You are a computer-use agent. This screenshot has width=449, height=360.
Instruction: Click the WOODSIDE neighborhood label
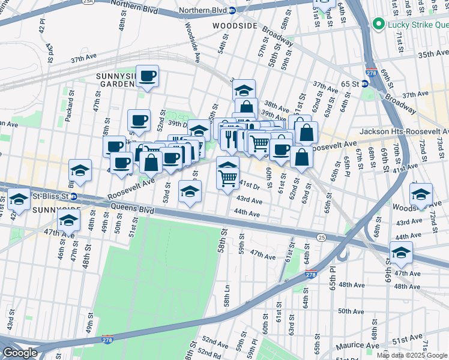235,26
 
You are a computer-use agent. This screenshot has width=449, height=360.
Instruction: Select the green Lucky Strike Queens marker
379,25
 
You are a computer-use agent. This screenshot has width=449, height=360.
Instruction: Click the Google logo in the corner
20,353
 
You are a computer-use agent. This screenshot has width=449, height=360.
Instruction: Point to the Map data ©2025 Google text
412,355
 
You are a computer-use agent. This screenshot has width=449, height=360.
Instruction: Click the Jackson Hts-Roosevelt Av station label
403,131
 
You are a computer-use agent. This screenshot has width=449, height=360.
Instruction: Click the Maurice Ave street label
357,346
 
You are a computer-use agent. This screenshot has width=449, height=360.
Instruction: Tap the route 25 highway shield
322,238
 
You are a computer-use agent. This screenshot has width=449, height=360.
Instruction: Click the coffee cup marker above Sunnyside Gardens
147,76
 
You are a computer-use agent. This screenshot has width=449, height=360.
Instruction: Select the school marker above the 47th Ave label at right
401,253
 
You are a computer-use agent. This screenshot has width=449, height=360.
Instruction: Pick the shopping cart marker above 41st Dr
228,176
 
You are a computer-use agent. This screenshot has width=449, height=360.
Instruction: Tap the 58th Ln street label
228,296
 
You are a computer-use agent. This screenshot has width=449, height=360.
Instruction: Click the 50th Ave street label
351,311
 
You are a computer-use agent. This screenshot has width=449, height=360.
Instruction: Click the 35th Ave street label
433,54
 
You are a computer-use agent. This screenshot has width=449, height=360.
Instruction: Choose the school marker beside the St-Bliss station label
19,199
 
